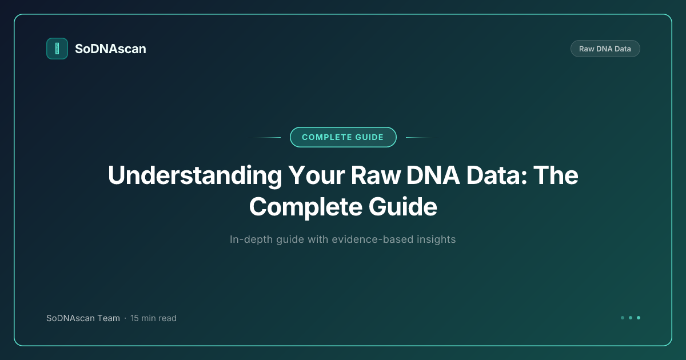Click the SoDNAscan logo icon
click(57, 49)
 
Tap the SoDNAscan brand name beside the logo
click(110, 49)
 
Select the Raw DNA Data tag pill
click(605, 49)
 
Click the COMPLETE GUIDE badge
click(343, 137)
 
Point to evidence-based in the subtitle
click(361, 239)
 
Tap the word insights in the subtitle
click(436, 239)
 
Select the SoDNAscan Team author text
click(83, 318)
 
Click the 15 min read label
click(153, 318)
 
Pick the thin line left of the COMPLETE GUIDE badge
click(269, 137)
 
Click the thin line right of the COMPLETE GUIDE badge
click(417, 137)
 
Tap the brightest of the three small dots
click(639, 318)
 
